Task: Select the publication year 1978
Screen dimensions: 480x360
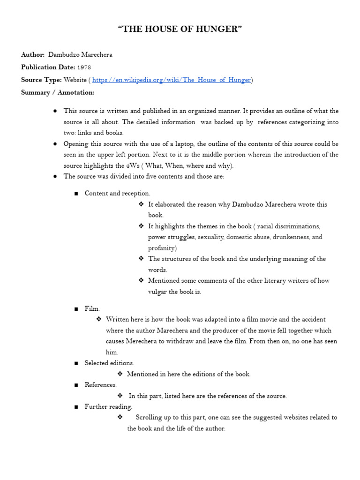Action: (84, 67)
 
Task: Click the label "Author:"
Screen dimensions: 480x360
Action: (33, 55)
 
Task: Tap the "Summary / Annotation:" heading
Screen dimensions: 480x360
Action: (58, 92)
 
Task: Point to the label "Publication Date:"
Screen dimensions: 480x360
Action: (48, 67)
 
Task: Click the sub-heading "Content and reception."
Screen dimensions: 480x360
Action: (117, 193)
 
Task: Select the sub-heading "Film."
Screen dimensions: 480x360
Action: (92, 308)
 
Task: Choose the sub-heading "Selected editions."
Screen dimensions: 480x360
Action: (109, 363)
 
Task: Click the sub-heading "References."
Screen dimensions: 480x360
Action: (100, 385)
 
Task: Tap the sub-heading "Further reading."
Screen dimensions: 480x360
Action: (108, 406)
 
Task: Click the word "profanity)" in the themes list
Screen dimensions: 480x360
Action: (162, 248)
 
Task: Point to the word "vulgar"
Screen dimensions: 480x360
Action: (157, 292)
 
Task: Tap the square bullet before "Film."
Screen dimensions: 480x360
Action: (76, 309)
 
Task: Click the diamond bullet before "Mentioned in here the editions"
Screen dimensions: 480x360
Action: (120, 374)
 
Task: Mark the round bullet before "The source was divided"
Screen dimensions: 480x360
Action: (55, 177)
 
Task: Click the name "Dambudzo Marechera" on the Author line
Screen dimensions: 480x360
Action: (80, 55)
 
